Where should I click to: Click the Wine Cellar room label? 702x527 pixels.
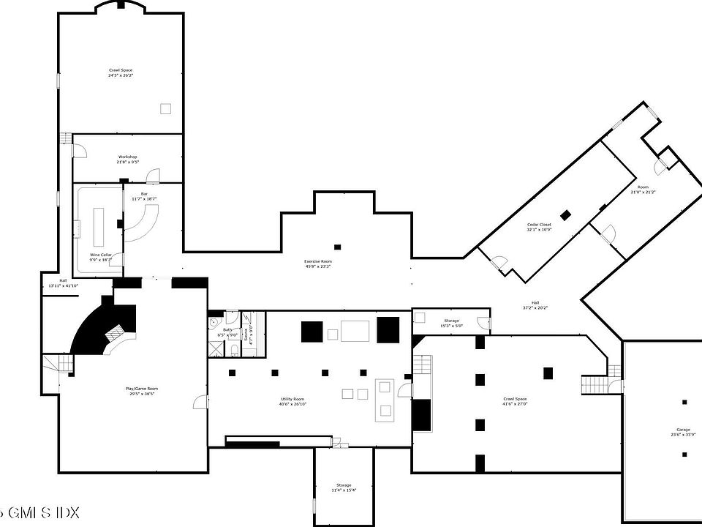point(101,257)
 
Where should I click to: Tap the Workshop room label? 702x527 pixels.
point(128,159)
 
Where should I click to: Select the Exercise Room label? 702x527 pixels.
point(318,263)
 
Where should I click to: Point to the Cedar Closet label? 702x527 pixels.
point(539,227)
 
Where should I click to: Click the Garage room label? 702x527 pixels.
point(683,432)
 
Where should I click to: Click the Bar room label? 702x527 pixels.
point(144,196)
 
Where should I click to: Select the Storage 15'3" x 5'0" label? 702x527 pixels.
point(451,323)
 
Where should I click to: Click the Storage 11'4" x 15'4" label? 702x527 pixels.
point(344,487)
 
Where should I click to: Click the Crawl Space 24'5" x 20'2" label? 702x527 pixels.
point(121,72)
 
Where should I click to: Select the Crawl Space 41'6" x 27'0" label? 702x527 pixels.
point(515,402)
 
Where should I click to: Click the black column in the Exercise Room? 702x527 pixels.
point(337,247)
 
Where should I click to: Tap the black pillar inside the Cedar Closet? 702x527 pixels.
point(565,214)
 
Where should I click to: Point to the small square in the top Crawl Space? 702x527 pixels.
point(166,108)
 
